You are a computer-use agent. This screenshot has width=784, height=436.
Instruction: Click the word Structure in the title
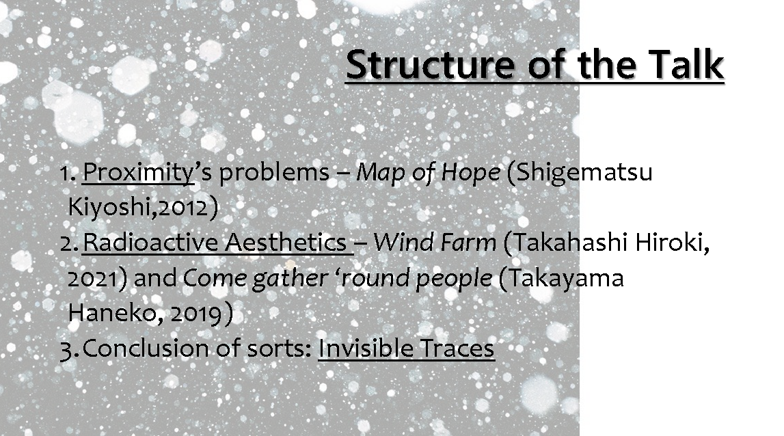(429, 64)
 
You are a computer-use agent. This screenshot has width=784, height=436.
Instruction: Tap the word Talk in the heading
(686, 64)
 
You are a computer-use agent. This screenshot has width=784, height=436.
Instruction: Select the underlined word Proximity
(138, 173)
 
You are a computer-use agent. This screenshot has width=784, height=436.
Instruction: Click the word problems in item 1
(275, 173)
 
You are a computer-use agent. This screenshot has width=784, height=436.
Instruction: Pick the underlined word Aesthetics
(286, 243)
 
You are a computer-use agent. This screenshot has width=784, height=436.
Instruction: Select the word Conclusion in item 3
(147, 349)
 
